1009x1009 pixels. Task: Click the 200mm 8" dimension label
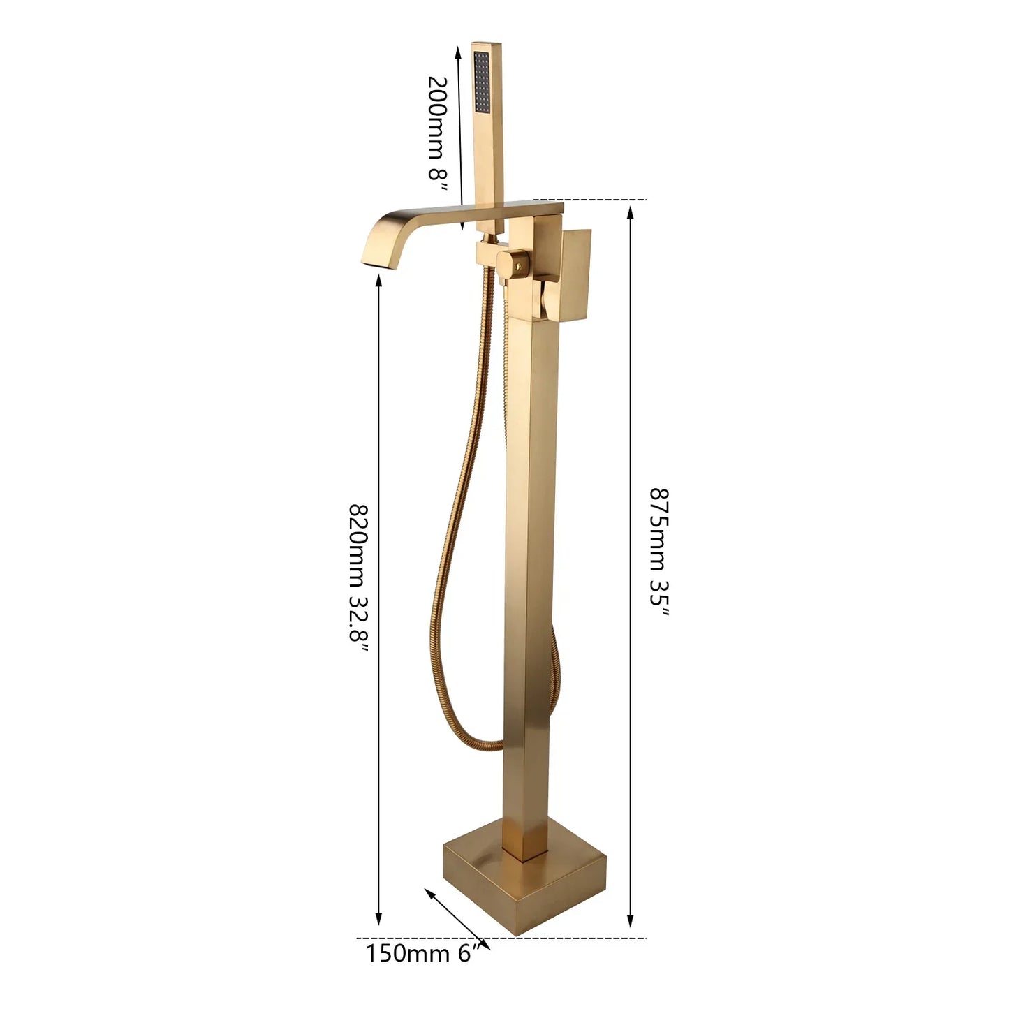click(438, 127)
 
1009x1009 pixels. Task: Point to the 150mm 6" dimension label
click(423, 953)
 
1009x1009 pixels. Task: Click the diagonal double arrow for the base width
click(457, 918)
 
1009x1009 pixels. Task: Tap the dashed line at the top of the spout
click(590, 200)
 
